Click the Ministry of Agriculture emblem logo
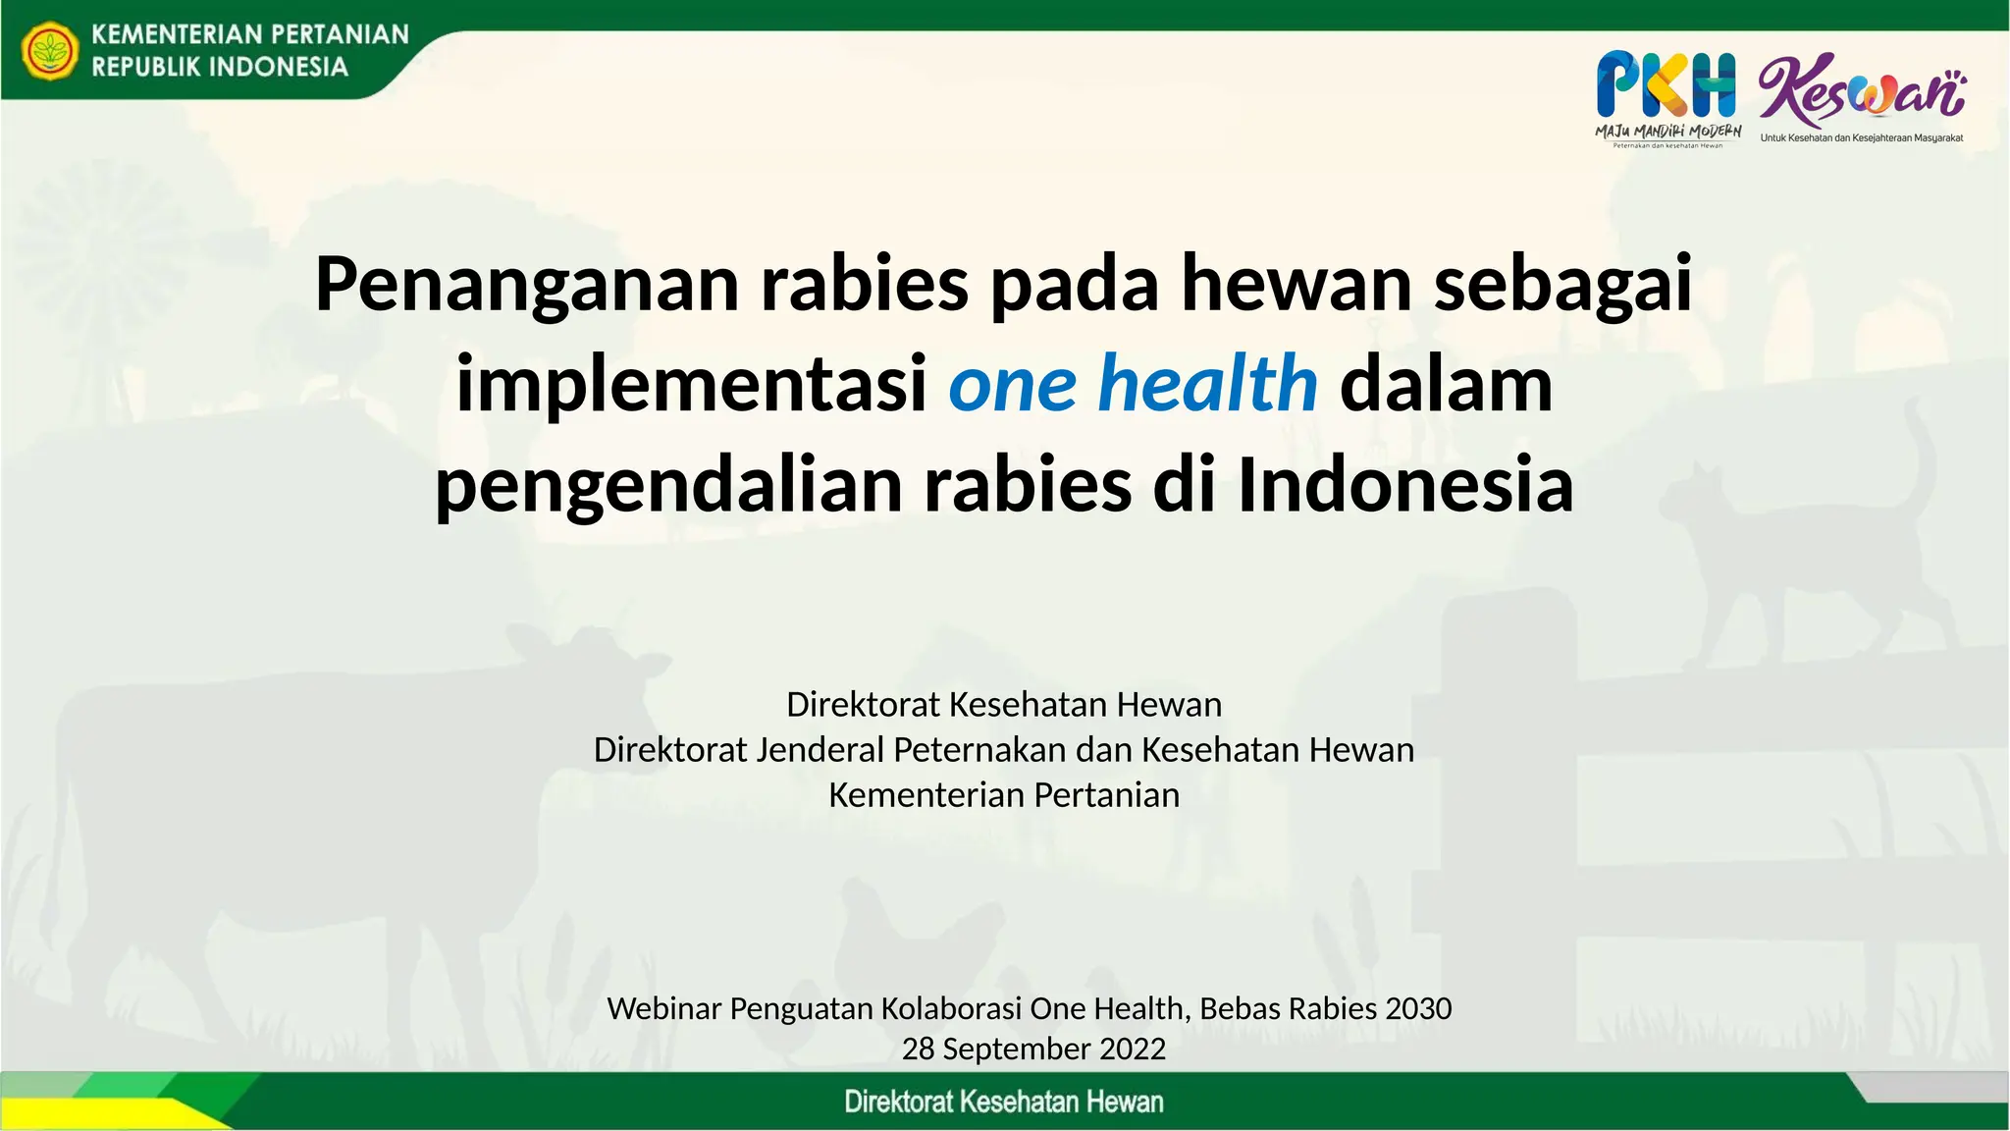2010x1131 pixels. coord(50,51)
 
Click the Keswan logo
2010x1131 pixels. coord(1861,90)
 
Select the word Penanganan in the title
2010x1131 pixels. coord(526,284)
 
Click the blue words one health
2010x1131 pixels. coord(1133,384)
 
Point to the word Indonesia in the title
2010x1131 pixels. coord(1405,485)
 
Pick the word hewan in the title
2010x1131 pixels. coord(1296,284)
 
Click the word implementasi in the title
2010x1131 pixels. coord(691,384)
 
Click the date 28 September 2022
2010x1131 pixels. coord(1033,1049)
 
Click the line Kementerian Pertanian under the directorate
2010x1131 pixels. coord(1003,794)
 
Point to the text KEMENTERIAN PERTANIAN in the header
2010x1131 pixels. coord(249,34)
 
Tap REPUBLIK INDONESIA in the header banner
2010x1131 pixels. coord(220,67)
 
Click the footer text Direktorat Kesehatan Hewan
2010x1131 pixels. coord(1003,1102)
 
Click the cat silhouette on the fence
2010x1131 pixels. coord(1816,550)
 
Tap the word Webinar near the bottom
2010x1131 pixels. coord(663,1008)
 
